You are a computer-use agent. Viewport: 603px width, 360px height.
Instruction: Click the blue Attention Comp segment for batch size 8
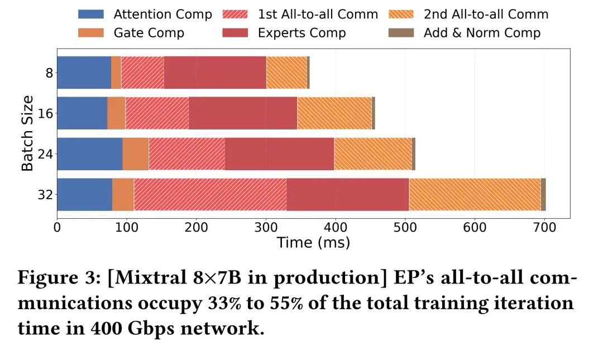coord(84,72)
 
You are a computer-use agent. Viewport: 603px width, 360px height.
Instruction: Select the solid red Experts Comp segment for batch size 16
coord(243,113)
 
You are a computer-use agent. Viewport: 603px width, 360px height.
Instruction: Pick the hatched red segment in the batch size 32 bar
coord(210,194)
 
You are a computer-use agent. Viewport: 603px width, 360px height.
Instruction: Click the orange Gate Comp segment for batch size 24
coord(135,153)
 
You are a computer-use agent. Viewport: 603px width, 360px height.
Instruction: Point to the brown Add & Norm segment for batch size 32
coord(543,194)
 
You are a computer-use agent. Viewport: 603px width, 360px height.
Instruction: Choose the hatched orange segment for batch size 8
coord(286,72)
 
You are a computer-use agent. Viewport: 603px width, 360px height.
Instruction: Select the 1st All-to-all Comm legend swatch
coord(235,15)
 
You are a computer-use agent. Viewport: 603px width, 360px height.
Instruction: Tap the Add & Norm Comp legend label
coord(482,33)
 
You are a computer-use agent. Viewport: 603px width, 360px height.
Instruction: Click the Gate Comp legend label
coord(149,33)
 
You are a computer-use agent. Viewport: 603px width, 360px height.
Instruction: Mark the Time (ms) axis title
coord(313,243)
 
